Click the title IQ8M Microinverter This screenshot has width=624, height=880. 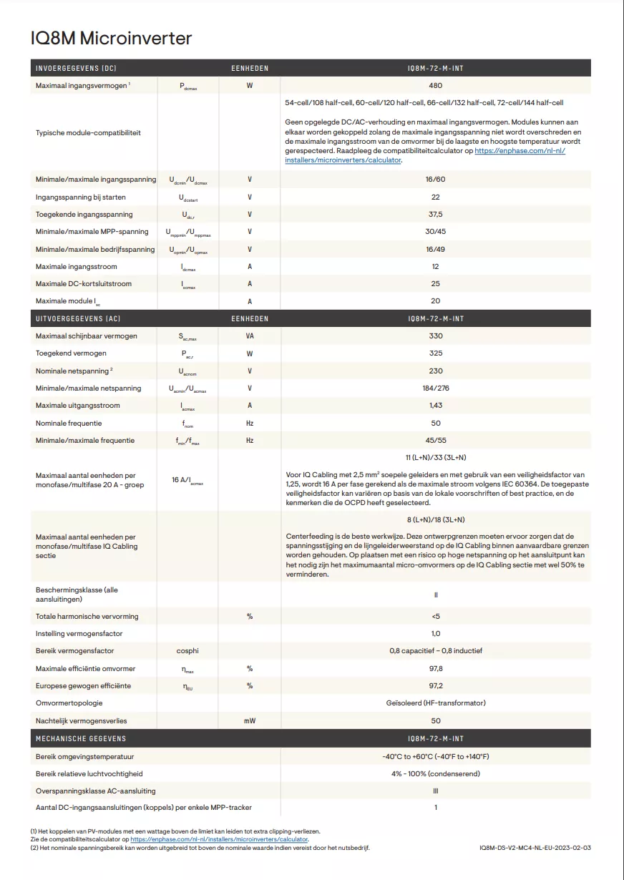[x=111, y=38]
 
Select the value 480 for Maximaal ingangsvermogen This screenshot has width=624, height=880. [x=436, y=86]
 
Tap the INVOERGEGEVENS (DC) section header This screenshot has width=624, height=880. [x=76, y=69]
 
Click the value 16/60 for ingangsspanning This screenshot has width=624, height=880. [x=436, y=180]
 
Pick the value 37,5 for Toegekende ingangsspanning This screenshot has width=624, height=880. [x=436, y=215]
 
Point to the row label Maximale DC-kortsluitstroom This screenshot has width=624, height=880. [x=84, y=284]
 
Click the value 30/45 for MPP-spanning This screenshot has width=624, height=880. [x=436, y=232]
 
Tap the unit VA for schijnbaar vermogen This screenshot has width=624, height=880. [x=250, y=336]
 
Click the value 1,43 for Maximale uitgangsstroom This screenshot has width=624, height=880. [x=436, y=406]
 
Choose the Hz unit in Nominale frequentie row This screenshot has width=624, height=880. [x=250, y=424]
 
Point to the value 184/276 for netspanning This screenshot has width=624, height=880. [x=436, y=388]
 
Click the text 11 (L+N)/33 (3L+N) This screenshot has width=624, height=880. [x=436, y=458]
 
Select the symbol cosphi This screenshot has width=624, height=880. [x=187, y=651]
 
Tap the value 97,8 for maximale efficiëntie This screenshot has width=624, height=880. [x=436, y=669]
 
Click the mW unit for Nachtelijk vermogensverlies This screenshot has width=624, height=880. [x=250, y=721]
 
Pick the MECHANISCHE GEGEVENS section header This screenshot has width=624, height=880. [x=81, y=739]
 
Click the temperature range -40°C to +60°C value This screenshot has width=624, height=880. [x=436, y=757]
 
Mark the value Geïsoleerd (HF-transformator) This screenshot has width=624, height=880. [x=436, y=703]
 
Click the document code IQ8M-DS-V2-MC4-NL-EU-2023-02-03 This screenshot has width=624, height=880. [x=536, y=848]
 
